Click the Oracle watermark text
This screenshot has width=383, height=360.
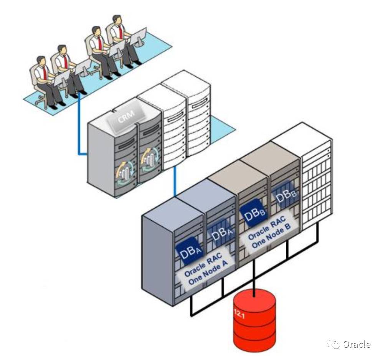coord(357,344)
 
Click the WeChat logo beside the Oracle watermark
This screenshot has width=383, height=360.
coord(335,344)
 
